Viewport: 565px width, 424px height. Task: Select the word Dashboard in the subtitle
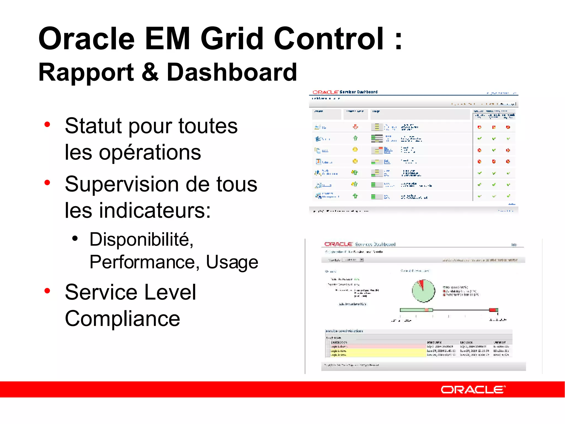point(232,72)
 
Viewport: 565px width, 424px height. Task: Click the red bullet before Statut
point(47,124)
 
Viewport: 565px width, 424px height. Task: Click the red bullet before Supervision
point(47,182)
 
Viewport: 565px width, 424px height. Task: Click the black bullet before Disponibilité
point(75,238)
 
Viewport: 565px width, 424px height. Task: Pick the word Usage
point(232,262)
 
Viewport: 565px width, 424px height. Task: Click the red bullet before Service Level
point(47,291)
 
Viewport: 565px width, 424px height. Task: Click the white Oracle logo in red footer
point(473,389)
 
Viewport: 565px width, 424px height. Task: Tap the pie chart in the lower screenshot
point(423,291)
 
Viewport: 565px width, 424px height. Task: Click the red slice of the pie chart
point(421,284)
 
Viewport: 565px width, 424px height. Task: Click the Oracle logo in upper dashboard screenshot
point(325,92)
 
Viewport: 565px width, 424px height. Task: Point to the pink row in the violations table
point(378,346)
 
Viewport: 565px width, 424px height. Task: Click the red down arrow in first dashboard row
point(355,127)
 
